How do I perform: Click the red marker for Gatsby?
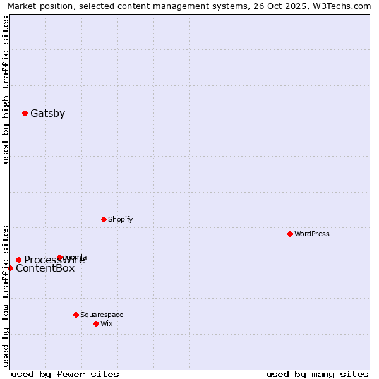tap(25, 114)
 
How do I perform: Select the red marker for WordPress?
tap(290, 234)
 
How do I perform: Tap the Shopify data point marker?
tap(104, 219)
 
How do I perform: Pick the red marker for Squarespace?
tap(76, 315)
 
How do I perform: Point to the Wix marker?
tap(96, 323)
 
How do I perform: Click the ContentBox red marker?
tap(10, 268)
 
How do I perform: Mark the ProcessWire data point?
tap(18, 260)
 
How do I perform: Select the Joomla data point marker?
tap(59, 257)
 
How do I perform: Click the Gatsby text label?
tap(47, 114)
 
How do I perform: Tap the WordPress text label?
tap(311, 234)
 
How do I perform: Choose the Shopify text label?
tap(120, 219)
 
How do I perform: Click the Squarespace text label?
tap(102, 315)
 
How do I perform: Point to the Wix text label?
tap(106, 323)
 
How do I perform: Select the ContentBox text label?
tap(45, 268)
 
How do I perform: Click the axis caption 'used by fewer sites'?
tap(65, 374)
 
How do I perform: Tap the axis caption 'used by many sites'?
tap(317, 374)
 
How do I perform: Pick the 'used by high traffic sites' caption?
tap(6, 90)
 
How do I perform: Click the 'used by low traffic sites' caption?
tap(6, 296)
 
